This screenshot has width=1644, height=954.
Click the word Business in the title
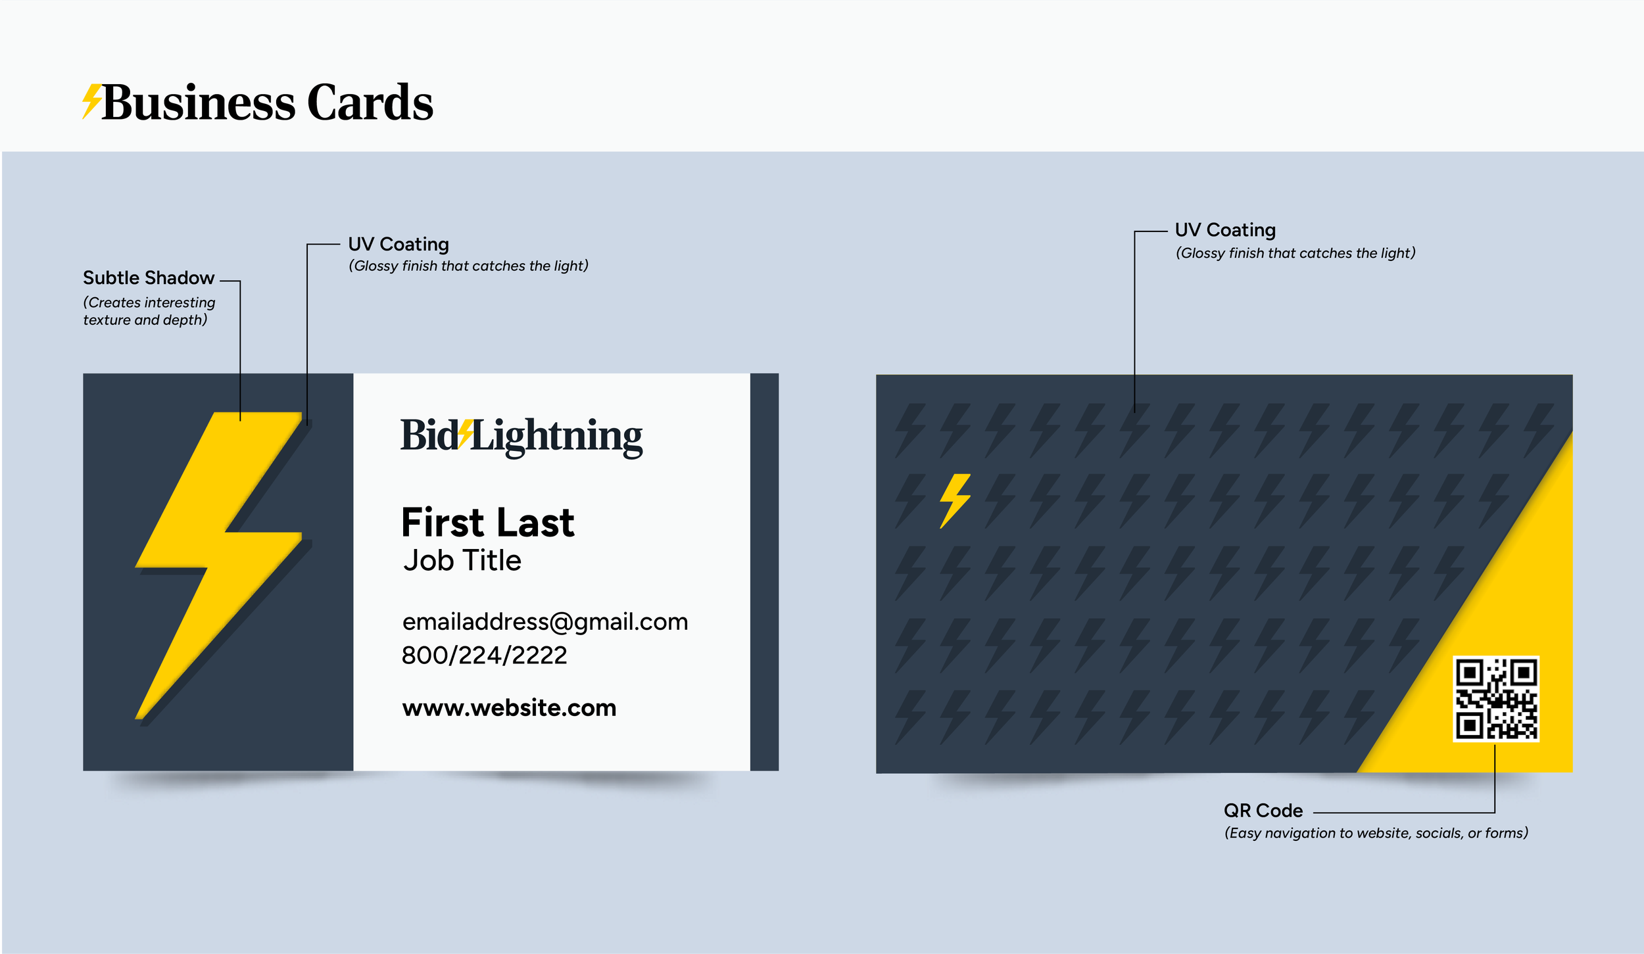coord(198,103)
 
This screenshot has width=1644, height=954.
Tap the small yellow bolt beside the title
coord(91,101)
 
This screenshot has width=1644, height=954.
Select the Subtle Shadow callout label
coord(148,278)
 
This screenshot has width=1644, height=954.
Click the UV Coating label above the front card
coord(398,245)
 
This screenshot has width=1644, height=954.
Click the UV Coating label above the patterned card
coord(1224,230)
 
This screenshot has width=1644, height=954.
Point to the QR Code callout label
coord(1263,811)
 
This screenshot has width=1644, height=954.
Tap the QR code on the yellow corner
coord(1495,698)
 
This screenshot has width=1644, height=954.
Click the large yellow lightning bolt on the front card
coord(217,546)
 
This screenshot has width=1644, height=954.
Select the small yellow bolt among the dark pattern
coord(955,500)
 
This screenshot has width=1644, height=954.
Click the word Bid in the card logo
coord(428,435)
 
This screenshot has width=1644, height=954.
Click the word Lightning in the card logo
coord(556,437)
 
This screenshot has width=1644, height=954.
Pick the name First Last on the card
coord(487,523)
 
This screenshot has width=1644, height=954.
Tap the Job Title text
coord(462,561)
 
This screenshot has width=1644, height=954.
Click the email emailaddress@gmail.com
coord(544,622)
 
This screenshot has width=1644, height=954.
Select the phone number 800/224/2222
coord(484,656)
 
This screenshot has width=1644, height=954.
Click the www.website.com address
coord(509,708)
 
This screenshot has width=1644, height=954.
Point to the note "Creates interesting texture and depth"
coord(149,311)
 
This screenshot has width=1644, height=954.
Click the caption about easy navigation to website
coord(1375,833)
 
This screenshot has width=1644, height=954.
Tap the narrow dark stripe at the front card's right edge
coord(764,571)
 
